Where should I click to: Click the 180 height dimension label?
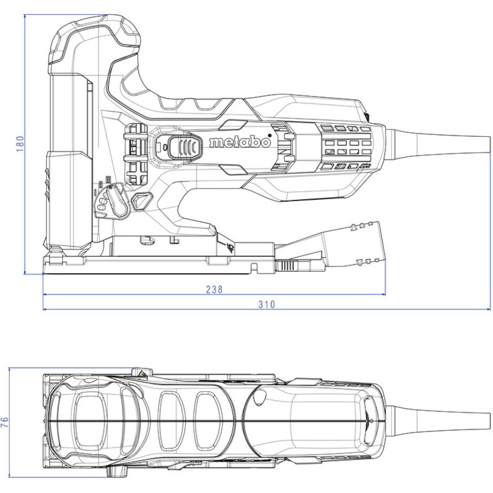[20, 144]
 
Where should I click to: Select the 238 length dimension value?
[214, 289]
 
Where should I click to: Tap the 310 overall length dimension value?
[267, 304]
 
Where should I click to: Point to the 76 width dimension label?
[5, 422]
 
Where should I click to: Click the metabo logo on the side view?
[240, 142]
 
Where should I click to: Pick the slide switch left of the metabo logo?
[185, 147]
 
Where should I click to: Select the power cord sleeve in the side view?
[438, 145]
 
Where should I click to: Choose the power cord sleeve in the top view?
[438, 422]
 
